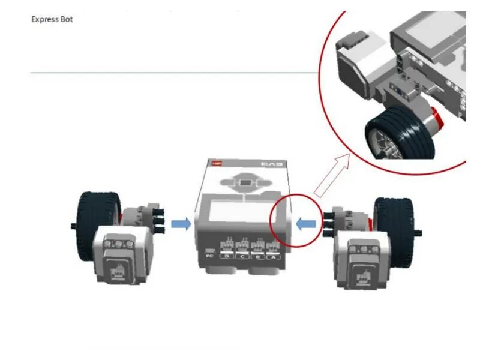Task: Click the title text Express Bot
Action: click(52, 19)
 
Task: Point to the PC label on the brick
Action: click(210, 256)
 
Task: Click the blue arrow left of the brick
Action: click(181, 224)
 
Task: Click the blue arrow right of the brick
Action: click(306, 223)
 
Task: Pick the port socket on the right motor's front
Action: click(362, 273)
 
